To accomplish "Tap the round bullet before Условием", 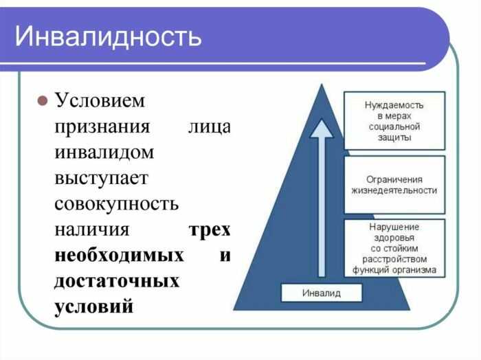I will tap(41, 101).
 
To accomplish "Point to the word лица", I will tap(209, 127).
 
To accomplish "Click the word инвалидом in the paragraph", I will tap(104, 153).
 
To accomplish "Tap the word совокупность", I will tap(116, 204).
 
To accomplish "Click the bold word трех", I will tap(209, 229).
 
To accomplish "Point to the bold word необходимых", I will tap(119, 256).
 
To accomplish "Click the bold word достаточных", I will tap(117, 281).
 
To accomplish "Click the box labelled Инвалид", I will tap(322, 293).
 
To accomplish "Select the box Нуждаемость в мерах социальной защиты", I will tap(394, 121).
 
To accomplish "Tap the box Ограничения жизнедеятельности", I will tap(394, 184).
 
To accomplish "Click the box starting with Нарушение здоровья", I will tap(394, 248).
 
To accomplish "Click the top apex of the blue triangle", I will tap(321, 85).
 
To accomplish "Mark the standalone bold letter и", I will tap(225, 256).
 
